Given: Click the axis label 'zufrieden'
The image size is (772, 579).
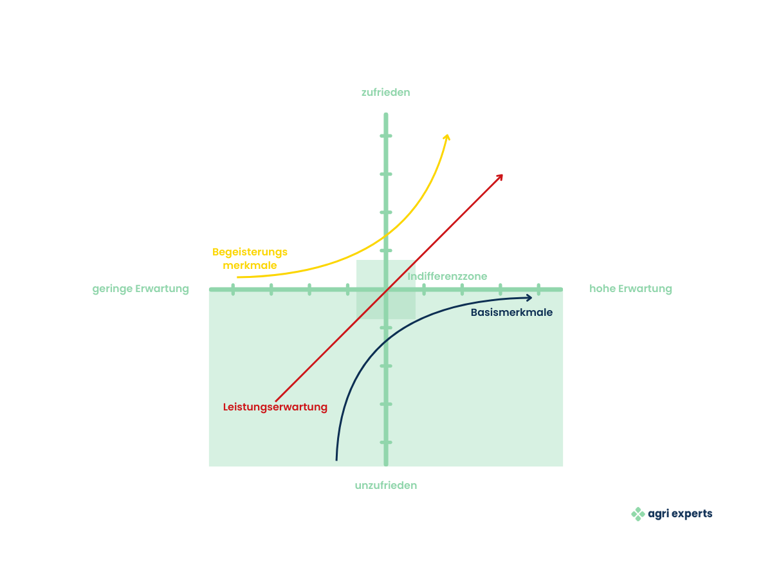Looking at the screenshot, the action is pos(385,93).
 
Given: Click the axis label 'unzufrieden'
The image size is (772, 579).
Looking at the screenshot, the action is pos(385,485).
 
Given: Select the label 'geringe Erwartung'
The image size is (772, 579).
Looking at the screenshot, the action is pos(140,289).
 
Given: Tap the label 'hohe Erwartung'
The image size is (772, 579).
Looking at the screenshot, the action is pos(630,289).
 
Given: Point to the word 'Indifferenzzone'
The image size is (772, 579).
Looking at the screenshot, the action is pos(447,277).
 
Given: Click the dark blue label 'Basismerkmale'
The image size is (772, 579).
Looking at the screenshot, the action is pos(511,312).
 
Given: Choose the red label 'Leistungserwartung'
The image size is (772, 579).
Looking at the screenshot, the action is pos(275,407).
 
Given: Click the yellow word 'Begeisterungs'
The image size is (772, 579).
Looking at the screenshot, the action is pos(250,252).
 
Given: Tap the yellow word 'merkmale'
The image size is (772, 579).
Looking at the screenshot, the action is pos(250,266).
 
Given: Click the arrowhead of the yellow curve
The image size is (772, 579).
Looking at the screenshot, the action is pos(447,137).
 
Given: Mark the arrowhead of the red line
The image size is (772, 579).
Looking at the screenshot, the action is pos(500,177).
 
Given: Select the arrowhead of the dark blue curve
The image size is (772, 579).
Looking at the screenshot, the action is pos(529,298).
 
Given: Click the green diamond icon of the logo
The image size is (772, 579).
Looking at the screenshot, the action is pos(638,514).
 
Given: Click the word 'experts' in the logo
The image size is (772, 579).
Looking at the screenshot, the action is pos(692,514).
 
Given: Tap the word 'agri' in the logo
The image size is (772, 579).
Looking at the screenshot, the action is pos(658,514).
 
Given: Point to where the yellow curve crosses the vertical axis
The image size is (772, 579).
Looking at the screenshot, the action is pos(386,234).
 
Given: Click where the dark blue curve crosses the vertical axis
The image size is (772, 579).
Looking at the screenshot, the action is pos(386,340).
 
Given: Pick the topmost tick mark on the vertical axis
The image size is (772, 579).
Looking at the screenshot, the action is pos(386,136).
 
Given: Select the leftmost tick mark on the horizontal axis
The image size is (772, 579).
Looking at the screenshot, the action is pos(233,289).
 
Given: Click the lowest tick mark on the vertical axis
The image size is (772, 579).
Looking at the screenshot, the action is pos(386,442).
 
